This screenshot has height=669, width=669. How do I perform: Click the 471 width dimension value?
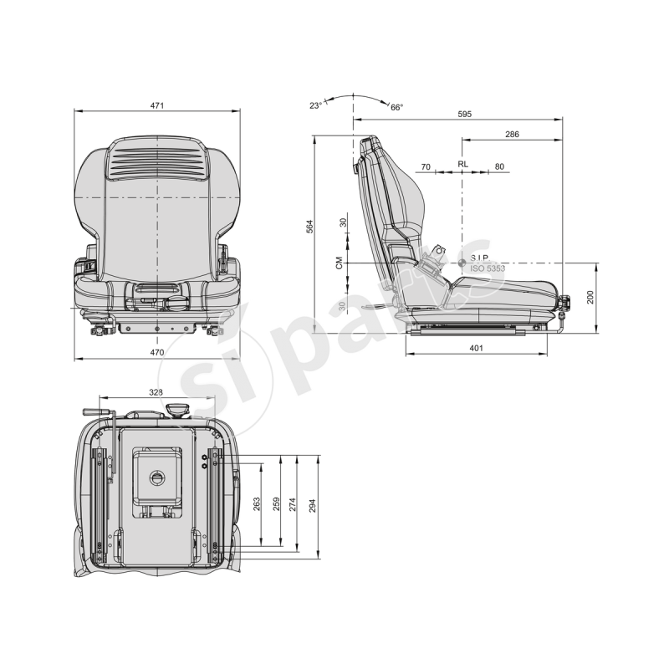(x=157, y=105)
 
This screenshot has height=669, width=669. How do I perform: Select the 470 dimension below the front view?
(x=157, y=352)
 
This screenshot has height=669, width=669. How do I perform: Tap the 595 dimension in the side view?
(x=465, y=114)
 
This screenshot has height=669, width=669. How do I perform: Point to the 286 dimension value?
(x=512, y=134)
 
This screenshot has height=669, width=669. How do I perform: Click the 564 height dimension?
(x=309, y=226)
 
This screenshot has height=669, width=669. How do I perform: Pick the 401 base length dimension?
(x=476, y=348)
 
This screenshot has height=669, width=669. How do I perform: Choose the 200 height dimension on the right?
(x=590, y=297)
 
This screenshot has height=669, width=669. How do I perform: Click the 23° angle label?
(x=315, y=105)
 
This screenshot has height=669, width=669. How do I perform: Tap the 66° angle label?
(x=396, y=108)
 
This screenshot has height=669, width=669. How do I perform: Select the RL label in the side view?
(x=462, y=164)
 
